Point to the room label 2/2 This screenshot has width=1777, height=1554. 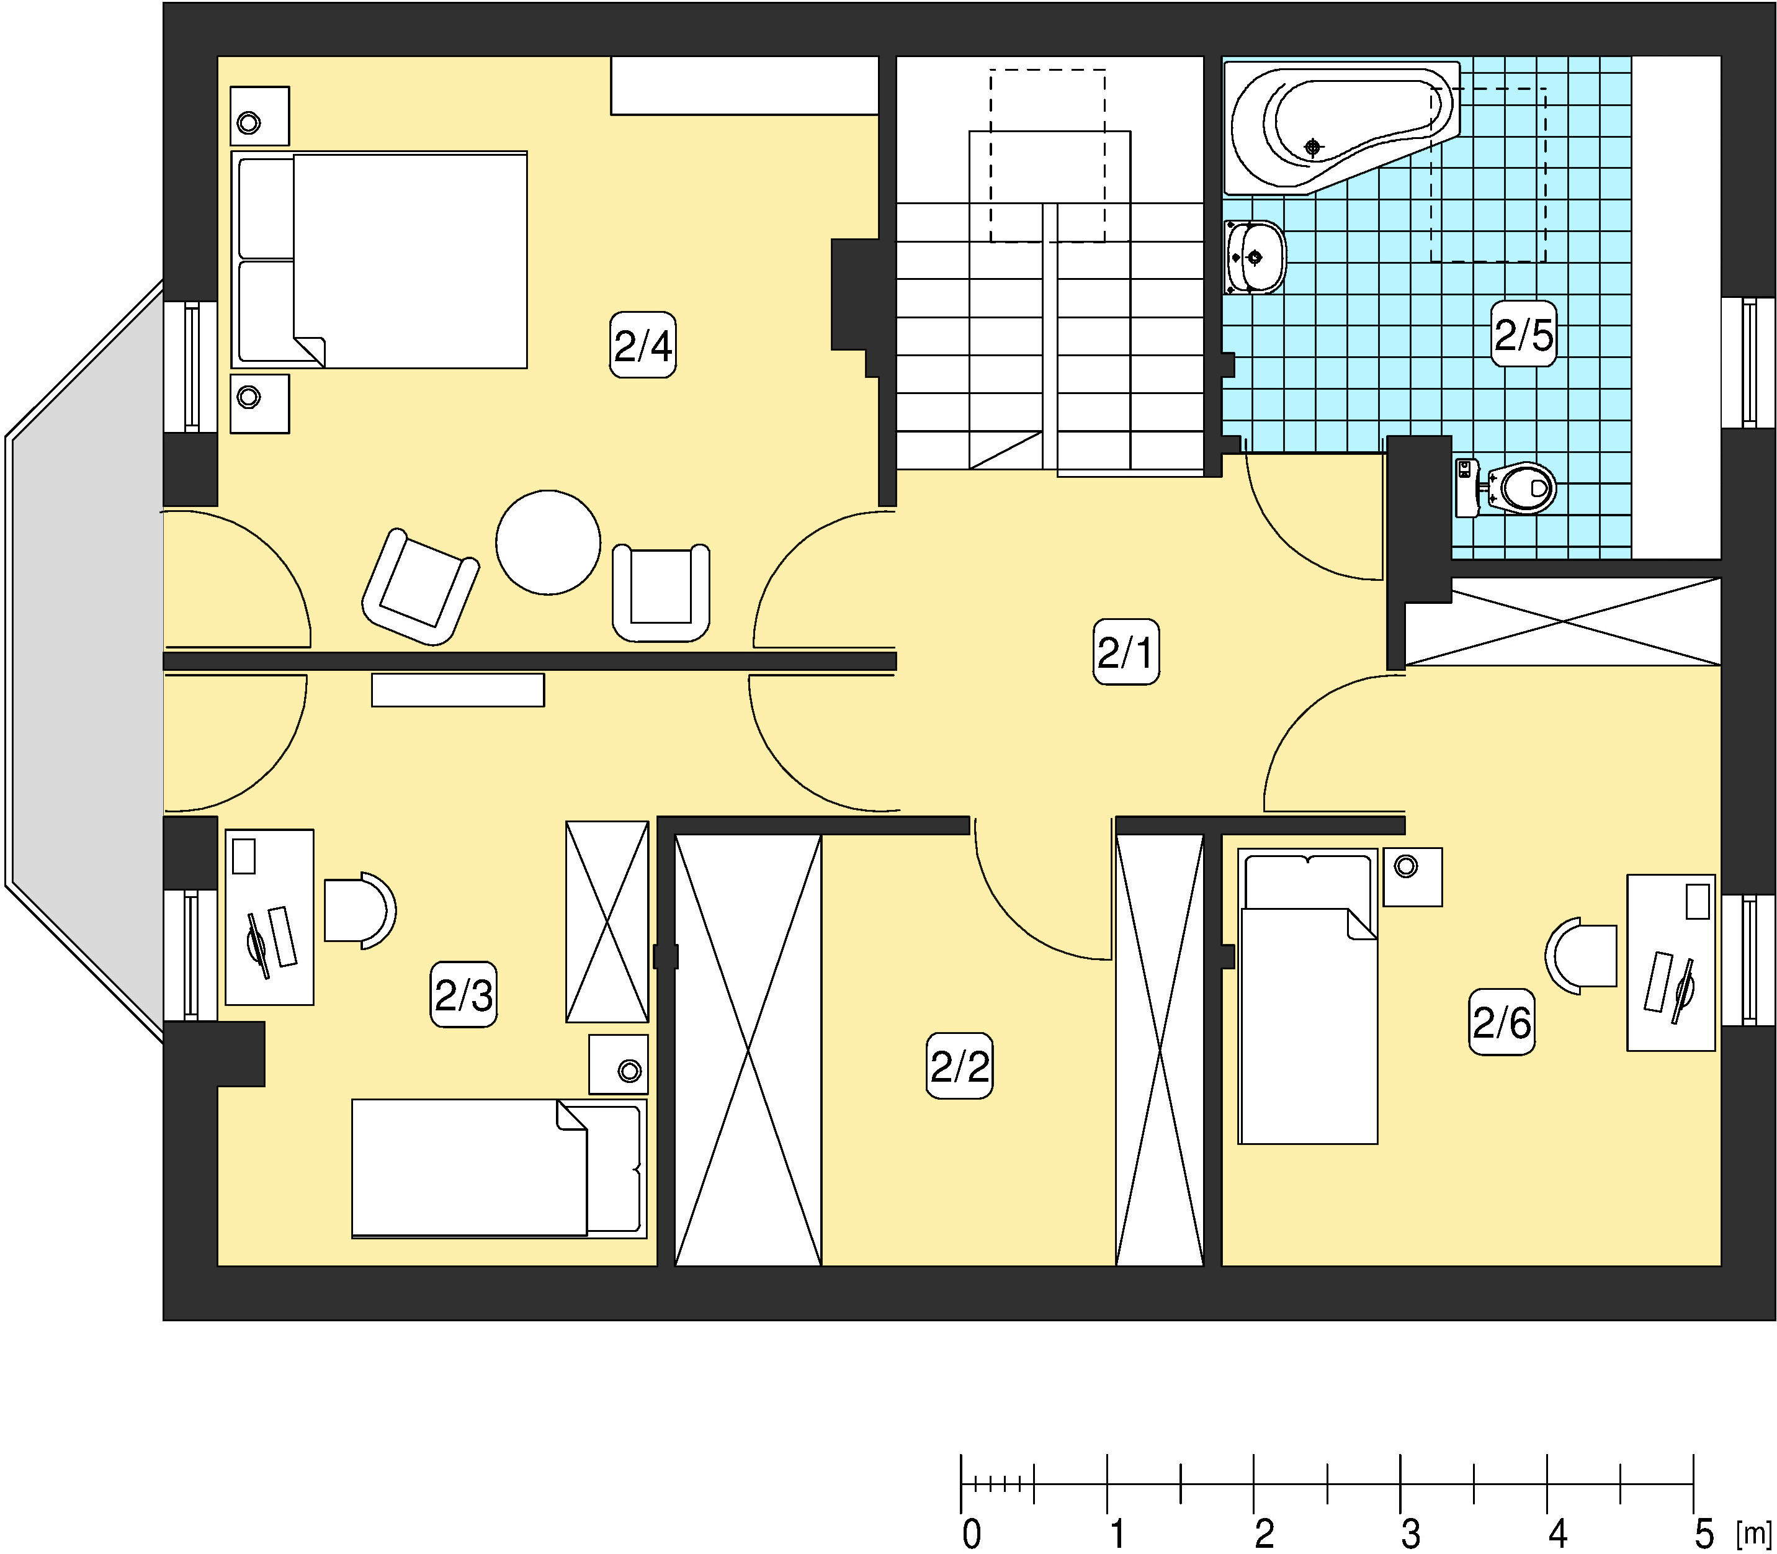960,1066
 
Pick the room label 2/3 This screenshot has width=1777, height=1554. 463,995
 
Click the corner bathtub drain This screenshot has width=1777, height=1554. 1314,148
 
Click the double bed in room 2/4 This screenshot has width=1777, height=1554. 379,260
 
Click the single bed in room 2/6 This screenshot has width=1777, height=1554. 1307,997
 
